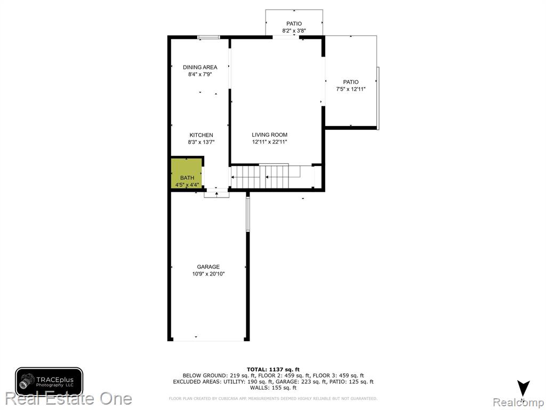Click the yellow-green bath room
(187, 174)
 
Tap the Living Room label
(269, 135)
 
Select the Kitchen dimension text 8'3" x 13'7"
(201, 142)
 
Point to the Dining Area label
(200, 67)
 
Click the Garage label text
(208, 267)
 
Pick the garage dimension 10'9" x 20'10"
(208, 274)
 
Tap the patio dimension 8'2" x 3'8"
(294, 30)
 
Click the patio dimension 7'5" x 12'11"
(351, 89)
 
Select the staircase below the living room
(272, 176)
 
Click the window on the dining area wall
(208, 37)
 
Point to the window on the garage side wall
(248, 214)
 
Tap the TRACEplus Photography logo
(49, 381)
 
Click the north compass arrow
(523, 389)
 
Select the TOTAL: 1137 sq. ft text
(273, 369)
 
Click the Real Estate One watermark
(69, 399)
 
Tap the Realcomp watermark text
(519, 402)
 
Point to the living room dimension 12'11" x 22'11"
(269, 142)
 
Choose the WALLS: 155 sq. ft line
(273, 388)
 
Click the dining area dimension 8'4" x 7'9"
(200, 74)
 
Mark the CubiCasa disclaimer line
(273, 398)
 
